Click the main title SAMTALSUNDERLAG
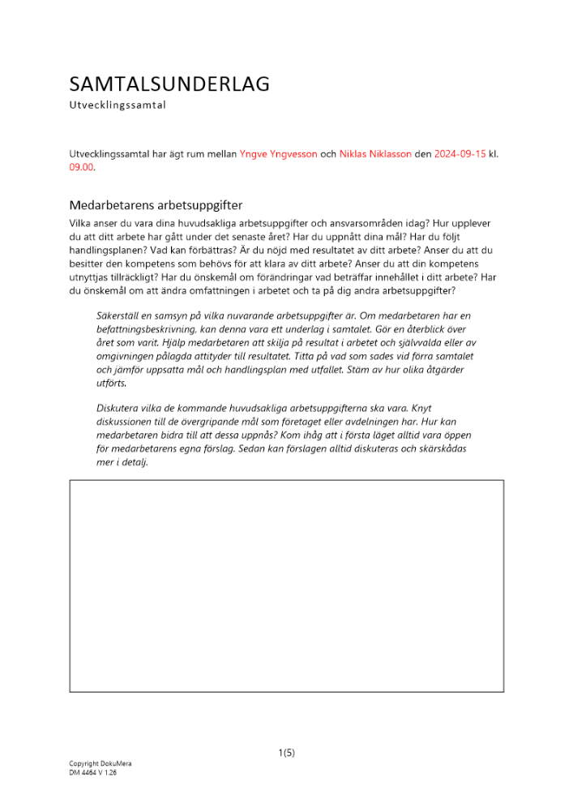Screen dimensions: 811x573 (169, 84)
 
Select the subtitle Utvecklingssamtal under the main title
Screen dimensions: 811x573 (118, 105)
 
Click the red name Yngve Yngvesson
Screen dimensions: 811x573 (278, 153)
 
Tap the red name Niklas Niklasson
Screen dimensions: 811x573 (375, 153)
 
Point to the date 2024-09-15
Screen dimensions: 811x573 (460, 153)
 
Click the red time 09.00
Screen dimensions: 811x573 (81, 167)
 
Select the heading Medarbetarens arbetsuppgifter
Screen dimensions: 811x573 (156, 205)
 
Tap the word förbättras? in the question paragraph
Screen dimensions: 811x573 (193, 251)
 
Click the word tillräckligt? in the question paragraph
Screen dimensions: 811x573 (135, 278)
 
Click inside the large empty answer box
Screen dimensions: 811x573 (286, 586)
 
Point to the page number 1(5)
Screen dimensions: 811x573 (286, 753)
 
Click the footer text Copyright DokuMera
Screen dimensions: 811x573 (100, 764)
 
